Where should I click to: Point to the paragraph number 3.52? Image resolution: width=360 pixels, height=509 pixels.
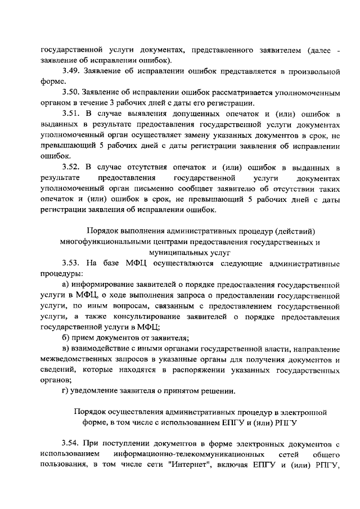click(73, 167)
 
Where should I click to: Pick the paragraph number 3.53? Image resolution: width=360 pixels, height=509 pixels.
click(73, 263)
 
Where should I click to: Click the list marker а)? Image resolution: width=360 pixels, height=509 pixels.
click(66, 285)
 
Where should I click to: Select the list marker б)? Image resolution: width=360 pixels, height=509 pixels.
click(66, 338)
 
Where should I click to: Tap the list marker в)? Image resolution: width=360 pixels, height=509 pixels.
click(66, 349)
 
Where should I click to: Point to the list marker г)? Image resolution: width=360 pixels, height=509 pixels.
click(65, 391)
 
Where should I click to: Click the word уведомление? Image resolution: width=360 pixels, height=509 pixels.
click(100, 391)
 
